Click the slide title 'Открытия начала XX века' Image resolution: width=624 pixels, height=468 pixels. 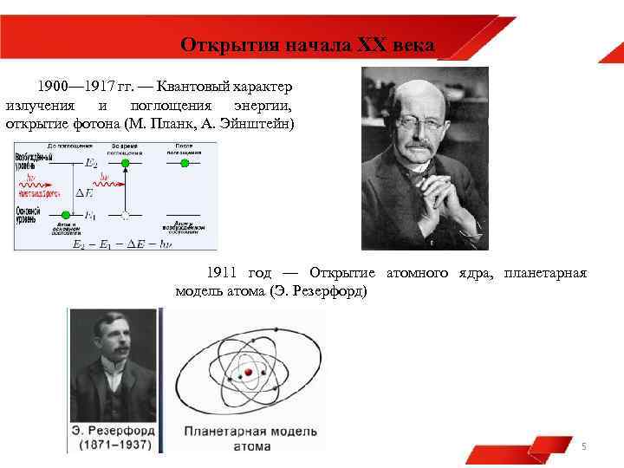(308, 44)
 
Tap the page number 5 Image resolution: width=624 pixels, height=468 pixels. (583, 446)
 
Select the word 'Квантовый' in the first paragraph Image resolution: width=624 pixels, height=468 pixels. (201, 88)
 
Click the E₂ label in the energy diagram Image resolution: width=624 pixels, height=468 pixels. (91, 163)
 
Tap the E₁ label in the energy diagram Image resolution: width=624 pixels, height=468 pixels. (91, 214)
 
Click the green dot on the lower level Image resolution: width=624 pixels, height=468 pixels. (65, 214)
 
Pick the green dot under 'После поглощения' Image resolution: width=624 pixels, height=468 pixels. (183, 163)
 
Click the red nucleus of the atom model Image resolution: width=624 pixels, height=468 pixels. (249, 372)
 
